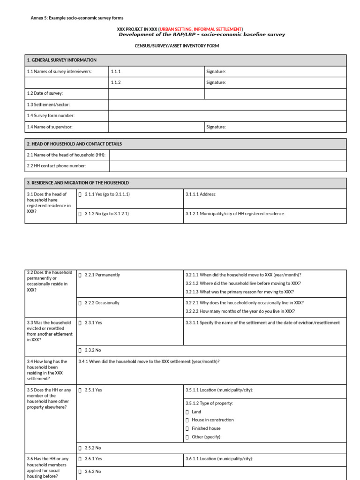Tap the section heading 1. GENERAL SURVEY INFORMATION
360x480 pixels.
coord(62,60)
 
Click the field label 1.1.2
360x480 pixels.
coord(116,82)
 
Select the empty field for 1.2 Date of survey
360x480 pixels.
coord(157,94)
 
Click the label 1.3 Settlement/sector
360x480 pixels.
coord(48,105)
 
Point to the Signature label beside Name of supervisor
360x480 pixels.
coord(216,127)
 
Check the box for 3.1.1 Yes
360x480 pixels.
coord(80,194)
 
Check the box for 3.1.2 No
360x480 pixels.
coord(80,214)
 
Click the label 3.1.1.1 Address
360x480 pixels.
coord(201,194)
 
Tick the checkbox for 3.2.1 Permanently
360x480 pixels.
coord(80,275)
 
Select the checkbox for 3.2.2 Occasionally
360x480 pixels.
coord(80,303)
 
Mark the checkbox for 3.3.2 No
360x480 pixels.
coord(80,351)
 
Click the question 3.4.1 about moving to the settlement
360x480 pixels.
coord(149,362)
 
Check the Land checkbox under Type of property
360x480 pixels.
coord(187,412)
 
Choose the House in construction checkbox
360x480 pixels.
coord(187,420)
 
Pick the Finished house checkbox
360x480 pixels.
coord(187,429)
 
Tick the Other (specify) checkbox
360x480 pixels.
coord(187,437)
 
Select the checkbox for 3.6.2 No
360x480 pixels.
coord(80,472)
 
